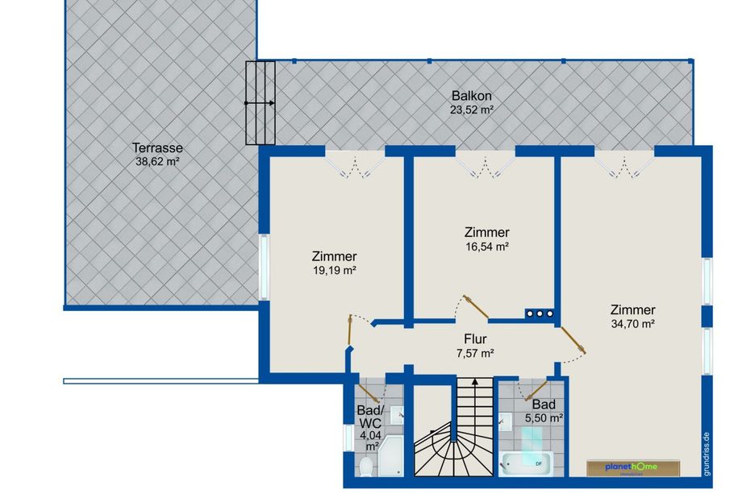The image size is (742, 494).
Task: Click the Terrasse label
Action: coord(157,148)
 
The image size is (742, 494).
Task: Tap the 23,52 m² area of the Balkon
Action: coord(472,110)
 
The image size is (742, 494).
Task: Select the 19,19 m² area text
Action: coord(334,271)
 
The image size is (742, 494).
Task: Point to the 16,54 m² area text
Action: coord(487,247)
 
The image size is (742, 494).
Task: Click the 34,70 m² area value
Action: coord(632,324)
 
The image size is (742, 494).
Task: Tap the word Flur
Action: coord(475,339)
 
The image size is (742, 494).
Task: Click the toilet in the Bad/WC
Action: coord(366,467)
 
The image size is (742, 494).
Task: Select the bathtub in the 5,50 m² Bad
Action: coord(526,463)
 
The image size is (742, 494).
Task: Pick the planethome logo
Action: coord(632,467)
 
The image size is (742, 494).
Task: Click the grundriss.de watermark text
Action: coord(707,454)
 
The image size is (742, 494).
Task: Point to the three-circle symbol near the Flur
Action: coord(540,313)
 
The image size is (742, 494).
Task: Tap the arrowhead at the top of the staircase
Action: coord(475,380)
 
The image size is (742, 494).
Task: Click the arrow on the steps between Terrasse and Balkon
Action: coord(260,102)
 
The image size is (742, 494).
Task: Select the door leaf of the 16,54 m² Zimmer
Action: coord(476,307)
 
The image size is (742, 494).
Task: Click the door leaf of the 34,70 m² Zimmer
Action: coord(573,340)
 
